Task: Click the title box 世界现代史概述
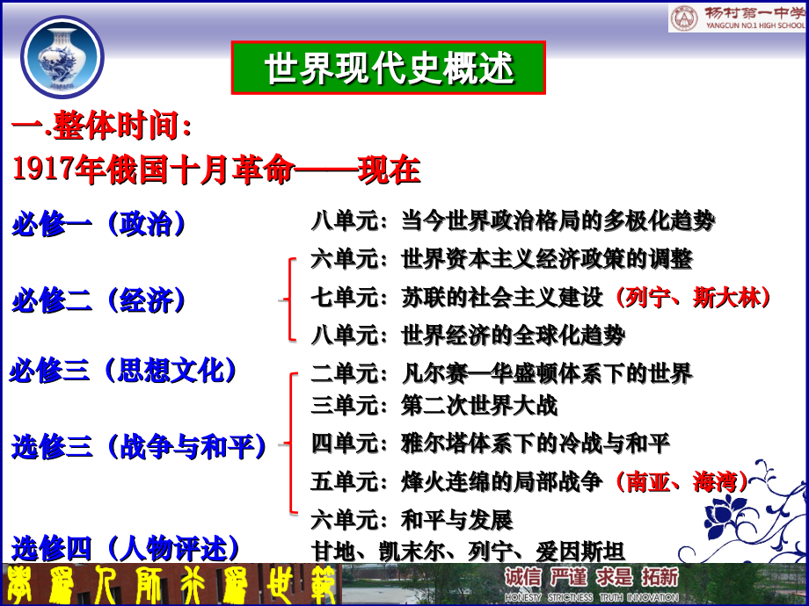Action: pyautogui.click(x=388, y=68)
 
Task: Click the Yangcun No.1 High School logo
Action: pyautogui.click(x=737, y=18)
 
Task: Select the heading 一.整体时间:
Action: pyautogui.click(x=103, y=126)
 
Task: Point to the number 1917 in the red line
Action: pyautogui.click(x=44, y=170)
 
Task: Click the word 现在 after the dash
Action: pyautogui.click(x=389, y=170)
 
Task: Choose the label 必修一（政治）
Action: pyautogui.click(x=100, y=224)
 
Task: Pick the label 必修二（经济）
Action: pyautogui.click(x=100, y=301)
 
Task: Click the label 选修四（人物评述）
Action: pyautogui.click(x=127, y=549)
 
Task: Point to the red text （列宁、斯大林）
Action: pyautogui.click(x=694, y=298)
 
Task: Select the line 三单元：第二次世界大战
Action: pyautogui.click(x=434, y=405)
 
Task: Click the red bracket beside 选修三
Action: pyautogui.click(x=290, y=444)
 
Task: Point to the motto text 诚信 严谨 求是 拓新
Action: pyautogui.click(x=591, y=577)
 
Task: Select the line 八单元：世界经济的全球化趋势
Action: pyautogui.click(x=468, y=335)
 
